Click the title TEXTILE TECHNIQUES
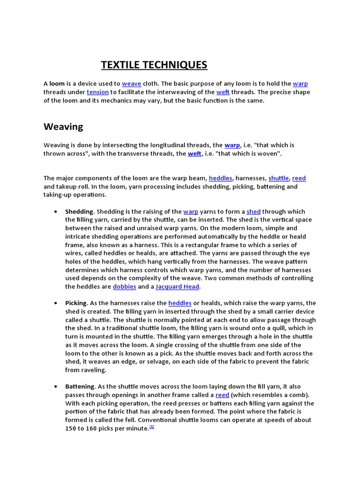tap(154, 65)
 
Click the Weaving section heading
tap(63, 127)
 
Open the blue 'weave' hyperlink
tap(131, 84)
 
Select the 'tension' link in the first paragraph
tap(97, 92)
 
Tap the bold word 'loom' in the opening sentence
tap(57, 84)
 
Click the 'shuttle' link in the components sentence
tap(278, 178)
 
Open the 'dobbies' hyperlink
tap(124, 286)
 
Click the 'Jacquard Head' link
tap(177, 286)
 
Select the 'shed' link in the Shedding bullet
tap(254, 211)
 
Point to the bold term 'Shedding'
tap(79, 211)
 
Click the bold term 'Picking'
tap(76, 303)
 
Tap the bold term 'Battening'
tap(80, 387)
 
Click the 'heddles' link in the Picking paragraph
tap(180, 303)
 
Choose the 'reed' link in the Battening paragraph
tap(222, 395)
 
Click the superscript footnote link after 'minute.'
tap(152, 427)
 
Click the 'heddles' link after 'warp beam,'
tap(220, 178)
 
